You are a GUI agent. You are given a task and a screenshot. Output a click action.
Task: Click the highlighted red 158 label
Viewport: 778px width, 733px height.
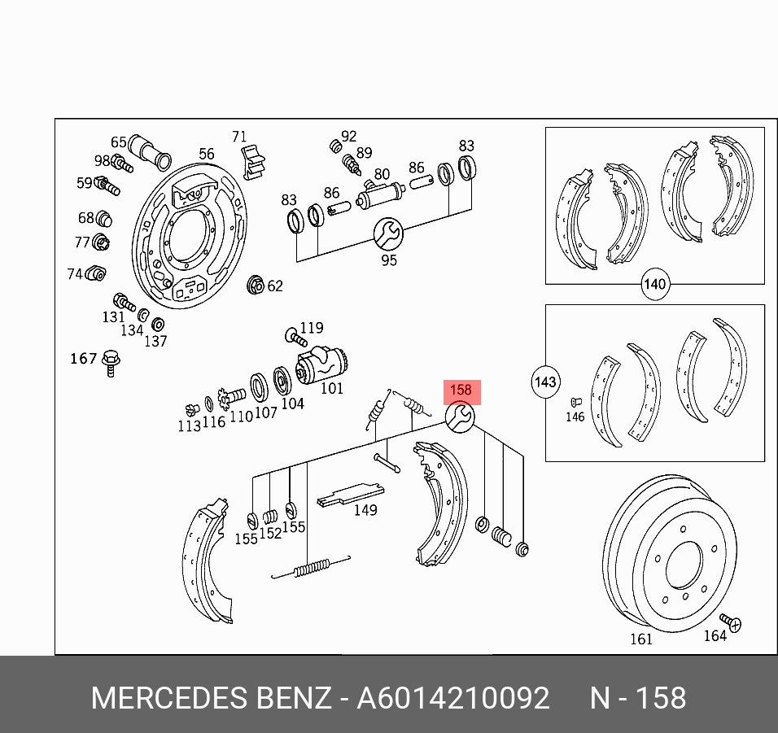[461, 391]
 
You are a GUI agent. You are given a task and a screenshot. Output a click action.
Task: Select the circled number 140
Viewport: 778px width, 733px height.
[654, 285]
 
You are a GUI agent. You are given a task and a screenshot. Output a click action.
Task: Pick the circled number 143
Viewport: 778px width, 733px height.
[544, 381]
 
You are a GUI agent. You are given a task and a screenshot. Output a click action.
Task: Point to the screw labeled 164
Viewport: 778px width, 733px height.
[732, 622]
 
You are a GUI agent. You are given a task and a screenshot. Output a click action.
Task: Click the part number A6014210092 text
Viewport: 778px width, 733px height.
[453, 698]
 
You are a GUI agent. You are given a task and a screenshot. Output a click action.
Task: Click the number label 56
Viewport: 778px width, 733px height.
[207, 154]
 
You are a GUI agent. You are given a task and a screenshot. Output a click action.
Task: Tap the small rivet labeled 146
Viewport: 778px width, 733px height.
[575, 401]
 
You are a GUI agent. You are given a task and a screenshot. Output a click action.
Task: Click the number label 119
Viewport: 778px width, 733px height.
[312, 329]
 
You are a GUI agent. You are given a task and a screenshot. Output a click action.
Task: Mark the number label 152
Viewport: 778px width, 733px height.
[269, 534]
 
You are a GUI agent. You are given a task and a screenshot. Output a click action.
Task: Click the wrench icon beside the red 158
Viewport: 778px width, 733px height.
[459, 417]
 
